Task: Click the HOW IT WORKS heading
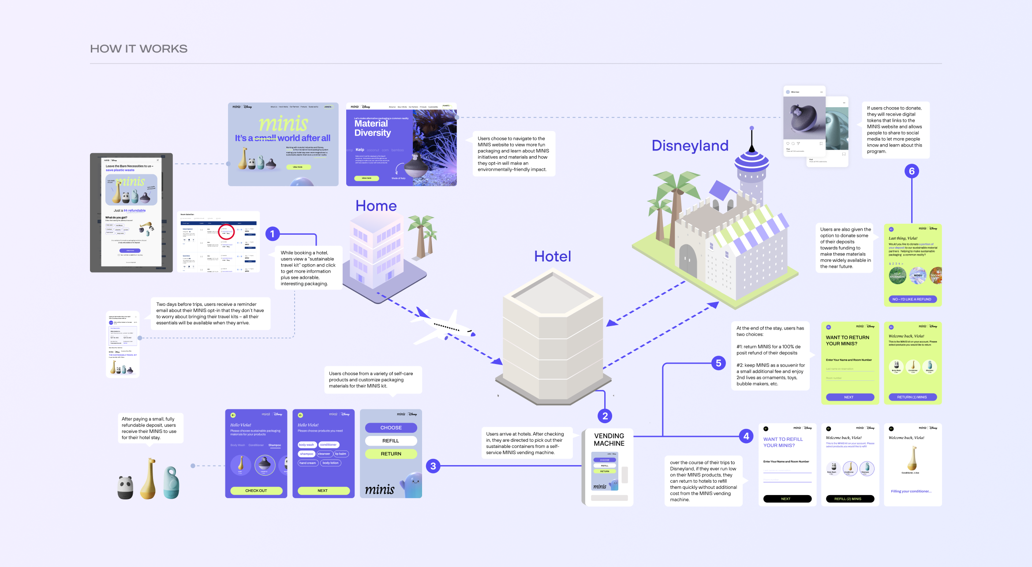click(x=138, y=49)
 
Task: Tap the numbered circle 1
click(x=273, y=234)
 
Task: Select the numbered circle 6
click(x=912, y=171)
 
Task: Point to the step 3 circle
click(x=433, y=466)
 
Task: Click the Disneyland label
click(x=690, y=146)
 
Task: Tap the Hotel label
click(x=552, y=256)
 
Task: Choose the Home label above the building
click(x=376, y=206)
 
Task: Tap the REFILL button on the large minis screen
click(x=391, y=441)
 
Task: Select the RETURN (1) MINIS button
click(x=912, y=397)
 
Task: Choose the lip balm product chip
click(x=340, y=454)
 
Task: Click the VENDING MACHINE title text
click(x=609, y=439)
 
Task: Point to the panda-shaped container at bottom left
click(x=126, y=487)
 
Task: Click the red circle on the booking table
click(x=226, y=232)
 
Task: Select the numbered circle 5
click(x=718, y=363)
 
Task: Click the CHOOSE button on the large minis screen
click(x=391, y=428)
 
